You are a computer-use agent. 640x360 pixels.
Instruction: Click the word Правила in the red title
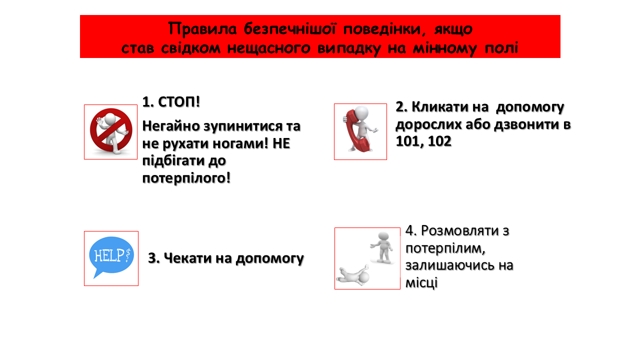click(202, 29)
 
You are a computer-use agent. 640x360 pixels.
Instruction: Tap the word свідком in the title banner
click(190, 48)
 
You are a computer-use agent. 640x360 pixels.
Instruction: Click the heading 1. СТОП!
click(171, 102)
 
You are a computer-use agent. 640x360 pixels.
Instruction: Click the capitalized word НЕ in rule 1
click(281, 143)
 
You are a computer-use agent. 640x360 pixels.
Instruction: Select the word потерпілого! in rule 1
click(186, 178)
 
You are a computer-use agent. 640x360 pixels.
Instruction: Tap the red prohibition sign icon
click(111, 129)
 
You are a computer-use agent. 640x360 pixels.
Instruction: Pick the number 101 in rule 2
click(407, 141)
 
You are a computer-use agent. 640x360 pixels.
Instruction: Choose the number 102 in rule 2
click(440, 141)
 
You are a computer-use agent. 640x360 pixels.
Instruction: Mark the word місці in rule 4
click(421, 283)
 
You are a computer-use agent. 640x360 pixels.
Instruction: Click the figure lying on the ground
click(353, 275)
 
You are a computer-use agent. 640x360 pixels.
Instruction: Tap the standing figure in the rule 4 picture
click(382, 247)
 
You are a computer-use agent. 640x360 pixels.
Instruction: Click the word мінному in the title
click(444, 48)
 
